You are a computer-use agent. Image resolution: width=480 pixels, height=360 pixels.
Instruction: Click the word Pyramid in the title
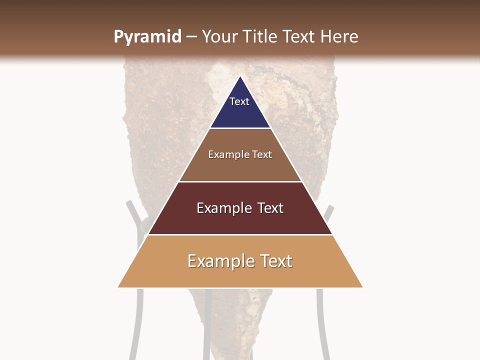pos(147,37)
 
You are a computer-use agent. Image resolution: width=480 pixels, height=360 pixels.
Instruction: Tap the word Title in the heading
pos(261,36)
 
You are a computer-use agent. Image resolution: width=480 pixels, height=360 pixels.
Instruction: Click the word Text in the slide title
pos(299,36)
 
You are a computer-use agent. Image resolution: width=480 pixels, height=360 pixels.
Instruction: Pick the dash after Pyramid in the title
pos(191,37)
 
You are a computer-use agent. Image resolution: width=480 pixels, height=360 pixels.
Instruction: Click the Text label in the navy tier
pos(239,101)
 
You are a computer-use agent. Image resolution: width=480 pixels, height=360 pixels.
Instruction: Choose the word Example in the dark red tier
pos(222,208)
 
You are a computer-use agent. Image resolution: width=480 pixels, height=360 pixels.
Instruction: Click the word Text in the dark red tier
pos(270,208)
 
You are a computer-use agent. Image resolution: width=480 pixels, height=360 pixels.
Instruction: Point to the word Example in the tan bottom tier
pos(218,261)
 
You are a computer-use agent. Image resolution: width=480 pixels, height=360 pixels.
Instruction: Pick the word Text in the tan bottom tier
pos(275,261)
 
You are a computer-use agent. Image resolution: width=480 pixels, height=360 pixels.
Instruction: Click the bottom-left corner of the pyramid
pos(118,287)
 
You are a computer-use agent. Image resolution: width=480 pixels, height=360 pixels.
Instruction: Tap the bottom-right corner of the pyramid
pos(362,287)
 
